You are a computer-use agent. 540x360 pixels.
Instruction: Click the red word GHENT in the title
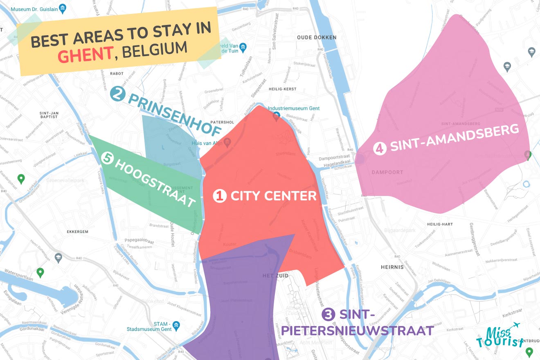(85, 54)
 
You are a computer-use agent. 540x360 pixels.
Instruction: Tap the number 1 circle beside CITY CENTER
(220, 196)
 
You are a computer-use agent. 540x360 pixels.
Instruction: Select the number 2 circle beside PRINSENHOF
(117, 94)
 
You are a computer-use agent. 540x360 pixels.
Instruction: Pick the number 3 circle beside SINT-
(328, 315)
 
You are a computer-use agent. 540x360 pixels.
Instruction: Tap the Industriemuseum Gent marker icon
(276, 116)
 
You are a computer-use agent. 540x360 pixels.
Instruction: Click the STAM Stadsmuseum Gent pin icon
(176, 326)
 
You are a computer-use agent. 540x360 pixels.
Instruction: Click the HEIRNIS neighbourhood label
(392, 267)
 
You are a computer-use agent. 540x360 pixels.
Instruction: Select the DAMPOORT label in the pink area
(387, 172)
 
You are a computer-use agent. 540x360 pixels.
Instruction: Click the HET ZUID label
(275, 276)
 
